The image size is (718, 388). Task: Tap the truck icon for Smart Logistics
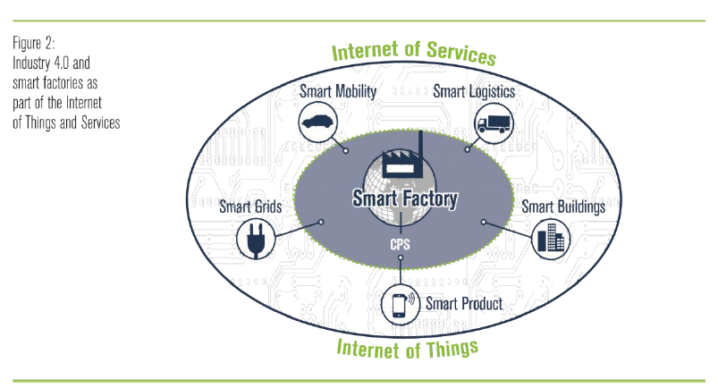tap(492, 122)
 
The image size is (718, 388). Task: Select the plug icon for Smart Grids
tap(253, 240)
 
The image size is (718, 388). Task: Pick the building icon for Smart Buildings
tap(550, 238)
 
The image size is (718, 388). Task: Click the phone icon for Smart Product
tap(399, 305)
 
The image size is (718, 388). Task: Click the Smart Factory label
tap(404, 198)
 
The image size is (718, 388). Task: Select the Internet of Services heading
tap(413, 52)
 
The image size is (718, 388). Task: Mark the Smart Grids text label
tap(250, 207)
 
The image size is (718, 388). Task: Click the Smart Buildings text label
tap(563, 207)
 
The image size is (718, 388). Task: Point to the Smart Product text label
tap(463, 304)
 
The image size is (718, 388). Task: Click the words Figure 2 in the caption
tap(34, 42)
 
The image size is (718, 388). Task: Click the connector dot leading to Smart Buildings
tap(484, 221)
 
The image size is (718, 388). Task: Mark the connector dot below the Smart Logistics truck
tap(467, 149)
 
